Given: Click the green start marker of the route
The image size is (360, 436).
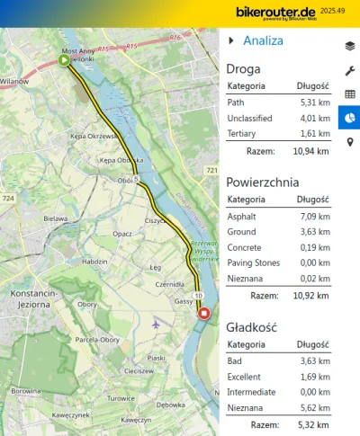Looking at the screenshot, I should coord(64,60).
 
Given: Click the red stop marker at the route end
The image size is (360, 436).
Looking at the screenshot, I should coord(204,314).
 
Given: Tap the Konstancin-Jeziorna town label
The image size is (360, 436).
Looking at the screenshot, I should coord(33,299).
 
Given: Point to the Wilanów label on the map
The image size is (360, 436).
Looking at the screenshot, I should coord(14,81).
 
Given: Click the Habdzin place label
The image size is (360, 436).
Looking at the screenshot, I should coord(94,262).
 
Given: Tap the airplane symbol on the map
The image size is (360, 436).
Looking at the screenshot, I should coord(157,322).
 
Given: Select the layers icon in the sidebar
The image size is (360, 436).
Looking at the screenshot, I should coord(349,45).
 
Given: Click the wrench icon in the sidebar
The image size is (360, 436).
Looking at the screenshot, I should coord(349,70).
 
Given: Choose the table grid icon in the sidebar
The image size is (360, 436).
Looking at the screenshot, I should coord(349,93).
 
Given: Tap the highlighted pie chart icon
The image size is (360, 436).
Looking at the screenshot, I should coord(349,118).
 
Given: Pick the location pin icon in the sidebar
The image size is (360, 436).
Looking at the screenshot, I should coord(349,142).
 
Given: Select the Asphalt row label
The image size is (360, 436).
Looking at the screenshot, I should coord(241,215).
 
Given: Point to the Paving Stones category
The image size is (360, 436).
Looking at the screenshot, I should coord(253,262).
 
